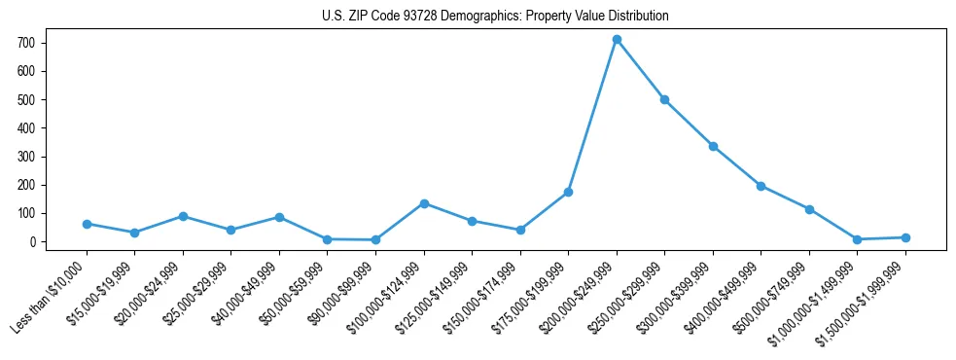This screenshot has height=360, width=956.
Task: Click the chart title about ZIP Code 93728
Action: pos(495,17)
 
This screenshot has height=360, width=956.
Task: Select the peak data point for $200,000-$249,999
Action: pos(617,40)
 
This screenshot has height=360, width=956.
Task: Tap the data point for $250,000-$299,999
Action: pos(664,99)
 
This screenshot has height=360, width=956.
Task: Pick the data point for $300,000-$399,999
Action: pos(713,146)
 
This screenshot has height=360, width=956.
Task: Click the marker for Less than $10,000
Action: pos(87,224)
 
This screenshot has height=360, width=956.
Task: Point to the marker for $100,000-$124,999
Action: pos(424,203)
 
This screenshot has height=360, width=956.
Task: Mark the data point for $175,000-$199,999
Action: pos(568,192)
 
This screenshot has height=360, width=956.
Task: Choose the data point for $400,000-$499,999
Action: pos(761,186)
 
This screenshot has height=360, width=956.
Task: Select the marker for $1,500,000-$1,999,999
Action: pos(905,237)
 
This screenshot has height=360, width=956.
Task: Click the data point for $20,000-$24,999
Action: pos(183,216)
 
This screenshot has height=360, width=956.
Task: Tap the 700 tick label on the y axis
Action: pos(25,44)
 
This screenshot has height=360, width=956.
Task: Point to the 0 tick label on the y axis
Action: pos(31,242)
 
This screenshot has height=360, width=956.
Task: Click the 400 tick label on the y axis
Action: pos(25,128)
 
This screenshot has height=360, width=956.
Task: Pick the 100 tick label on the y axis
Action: pos(25,214)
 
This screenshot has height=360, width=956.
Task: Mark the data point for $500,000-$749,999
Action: pos(809,209)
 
